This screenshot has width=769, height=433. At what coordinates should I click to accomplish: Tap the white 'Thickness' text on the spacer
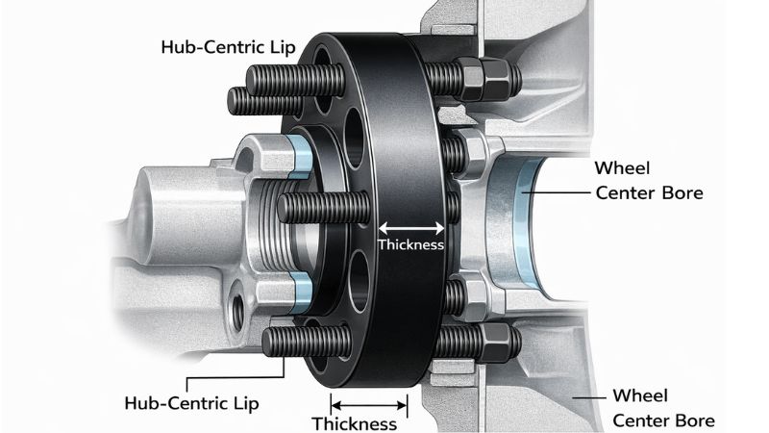click(411, 245)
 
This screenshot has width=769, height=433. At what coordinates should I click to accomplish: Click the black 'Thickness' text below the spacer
click(355, 423)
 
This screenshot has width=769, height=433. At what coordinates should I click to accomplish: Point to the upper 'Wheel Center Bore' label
click(650, 180)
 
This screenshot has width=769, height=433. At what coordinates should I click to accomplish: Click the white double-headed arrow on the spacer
click(411, 228)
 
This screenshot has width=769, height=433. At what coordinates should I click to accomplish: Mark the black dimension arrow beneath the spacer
click(371, 398)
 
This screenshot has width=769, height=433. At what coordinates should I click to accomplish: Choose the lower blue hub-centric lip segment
click(301, 288)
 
